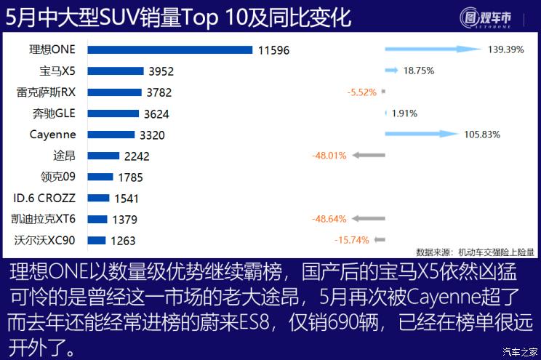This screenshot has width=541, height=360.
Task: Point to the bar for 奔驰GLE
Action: tap(113, 113)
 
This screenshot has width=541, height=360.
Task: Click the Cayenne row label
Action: tap(52, 135)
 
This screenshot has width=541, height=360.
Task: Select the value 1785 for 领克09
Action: tap(131, 177)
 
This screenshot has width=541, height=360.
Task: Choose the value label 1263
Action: tap(122, 240)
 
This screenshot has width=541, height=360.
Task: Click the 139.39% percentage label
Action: tap(504, 49)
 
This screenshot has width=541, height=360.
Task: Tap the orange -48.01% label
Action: tap(329, 156)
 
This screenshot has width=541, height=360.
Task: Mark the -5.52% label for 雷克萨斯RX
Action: tap(361, 92)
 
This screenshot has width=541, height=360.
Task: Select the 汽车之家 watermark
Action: tap(519, 352)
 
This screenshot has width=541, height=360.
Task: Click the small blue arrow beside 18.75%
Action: tap(390, 71)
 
